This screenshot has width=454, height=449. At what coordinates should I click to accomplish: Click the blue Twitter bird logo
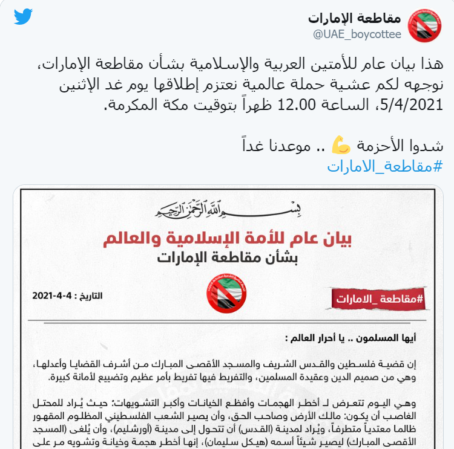pyautogui.click(x=23, y=16)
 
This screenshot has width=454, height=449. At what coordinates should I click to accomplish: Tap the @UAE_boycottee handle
pyautogui.click(x=357, y=34)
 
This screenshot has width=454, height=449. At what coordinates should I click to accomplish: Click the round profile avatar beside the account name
pyautogui.click(x=424, y=25)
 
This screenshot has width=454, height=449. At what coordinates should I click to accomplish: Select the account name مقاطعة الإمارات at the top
pyautogui.click(x=355, y=18)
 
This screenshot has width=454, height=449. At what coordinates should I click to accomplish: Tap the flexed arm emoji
pyautogui.click(x=341, y=146)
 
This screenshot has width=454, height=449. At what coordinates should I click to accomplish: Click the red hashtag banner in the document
pyautogui.click(x=378, y=298)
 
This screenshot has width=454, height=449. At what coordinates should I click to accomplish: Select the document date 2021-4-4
pyautogui.click(x=53, y=296)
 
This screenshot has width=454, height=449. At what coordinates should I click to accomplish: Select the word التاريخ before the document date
pyautogui.click(x=90, y=296)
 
